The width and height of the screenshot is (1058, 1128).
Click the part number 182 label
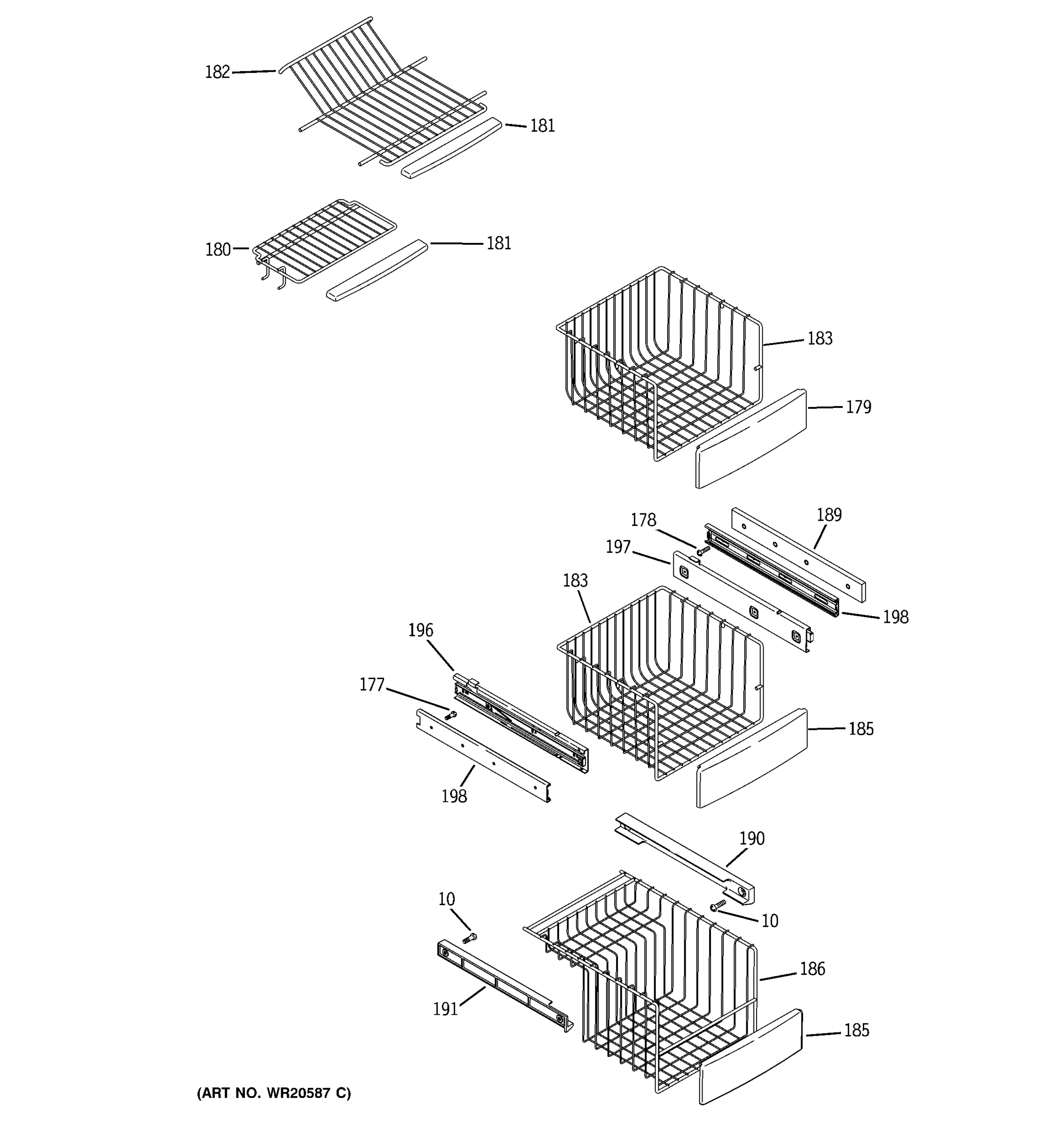[x=217, y=72]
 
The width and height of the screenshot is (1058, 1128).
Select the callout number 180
[x=218, y=250]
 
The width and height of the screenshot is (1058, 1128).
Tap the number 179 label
[x=858, y=407]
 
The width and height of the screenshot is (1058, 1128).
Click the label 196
[x=420, y=630]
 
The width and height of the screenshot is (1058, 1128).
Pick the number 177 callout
[x=372, y=685]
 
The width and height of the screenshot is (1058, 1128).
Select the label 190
[x=751, y=838]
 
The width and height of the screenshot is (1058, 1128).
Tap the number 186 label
[x=812, y=969]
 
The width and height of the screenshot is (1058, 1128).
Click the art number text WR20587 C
[x=274, y=1093]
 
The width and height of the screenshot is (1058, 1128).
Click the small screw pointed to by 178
[x=703, y=550]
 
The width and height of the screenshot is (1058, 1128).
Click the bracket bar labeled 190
[x=684, y=857]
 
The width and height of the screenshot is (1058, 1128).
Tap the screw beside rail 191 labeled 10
[x=469, y=939]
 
